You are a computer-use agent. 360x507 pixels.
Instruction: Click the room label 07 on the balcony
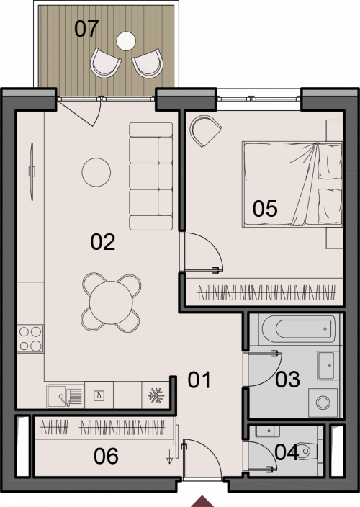(x=86, y=29)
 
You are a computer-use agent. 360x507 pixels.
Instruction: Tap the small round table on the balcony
(x=126, y=41)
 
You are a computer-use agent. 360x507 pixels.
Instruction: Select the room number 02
(x=103, y=242)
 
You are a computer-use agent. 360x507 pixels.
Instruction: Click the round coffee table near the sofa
(x=96, y=172)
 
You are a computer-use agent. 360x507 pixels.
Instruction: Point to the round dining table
(x=111, y=302)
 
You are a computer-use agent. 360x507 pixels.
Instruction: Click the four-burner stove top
(x=30, y=338)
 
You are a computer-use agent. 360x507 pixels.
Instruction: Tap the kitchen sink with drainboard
(x=65, y=395)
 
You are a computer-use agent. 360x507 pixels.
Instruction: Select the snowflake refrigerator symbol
(x=156, y=395)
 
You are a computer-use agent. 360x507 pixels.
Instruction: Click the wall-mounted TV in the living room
(x=32, y=171)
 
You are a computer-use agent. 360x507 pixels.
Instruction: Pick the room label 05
(x=265, y=209)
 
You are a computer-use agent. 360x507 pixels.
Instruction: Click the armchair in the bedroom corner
(x=205, y=130)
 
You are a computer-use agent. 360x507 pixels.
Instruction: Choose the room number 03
(x=287, y=380)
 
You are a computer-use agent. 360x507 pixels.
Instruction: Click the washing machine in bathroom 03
(x=323, y=403)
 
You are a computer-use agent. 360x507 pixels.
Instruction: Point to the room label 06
(x=106, y=457)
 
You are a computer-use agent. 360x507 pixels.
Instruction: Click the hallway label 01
(x=199, y=380)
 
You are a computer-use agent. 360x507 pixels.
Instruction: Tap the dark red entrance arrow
(x=202, y=501)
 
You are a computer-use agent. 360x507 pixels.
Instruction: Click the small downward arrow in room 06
(x=169, y=459)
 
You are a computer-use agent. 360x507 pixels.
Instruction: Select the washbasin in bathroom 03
(x=325, y=365)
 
